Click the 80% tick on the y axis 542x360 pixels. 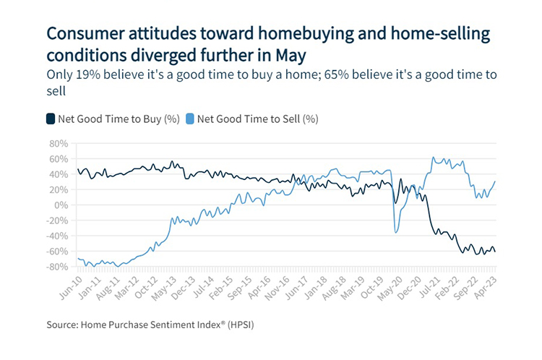click(x=57, y=143)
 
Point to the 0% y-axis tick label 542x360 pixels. click(x=61, y=205)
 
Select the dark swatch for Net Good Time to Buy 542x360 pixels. click(x=51, y=118)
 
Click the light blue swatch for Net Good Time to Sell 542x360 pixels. click(x=190, y=118)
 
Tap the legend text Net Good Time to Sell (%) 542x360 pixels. click(x=257, y=118)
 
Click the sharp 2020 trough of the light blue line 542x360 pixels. click(x=395, y=231)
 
